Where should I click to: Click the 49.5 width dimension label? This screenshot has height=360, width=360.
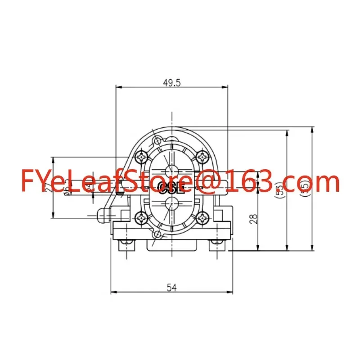171,82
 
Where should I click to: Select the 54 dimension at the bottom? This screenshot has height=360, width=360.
171,287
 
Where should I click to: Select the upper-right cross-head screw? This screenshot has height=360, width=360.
202,157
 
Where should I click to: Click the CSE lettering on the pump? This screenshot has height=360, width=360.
171,188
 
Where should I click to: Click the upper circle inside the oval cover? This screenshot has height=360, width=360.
171,171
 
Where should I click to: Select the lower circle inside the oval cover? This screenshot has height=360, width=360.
171,204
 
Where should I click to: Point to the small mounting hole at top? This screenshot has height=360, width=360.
157,142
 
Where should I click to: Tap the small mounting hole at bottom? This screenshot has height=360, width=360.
157,235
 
